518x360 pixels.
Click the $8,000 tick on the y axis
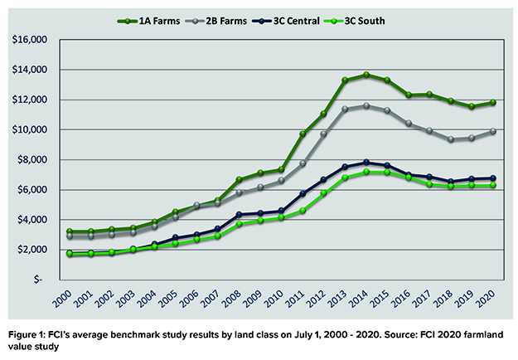pos(31,160)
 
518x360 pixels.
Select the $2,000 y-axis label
pos(31,250)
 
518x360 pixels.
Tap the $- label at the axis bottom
pos(41,280)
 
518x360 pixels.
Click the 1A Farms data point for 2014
pos(366,75)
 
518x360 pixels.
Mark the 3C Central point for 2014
pos(366,163)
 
